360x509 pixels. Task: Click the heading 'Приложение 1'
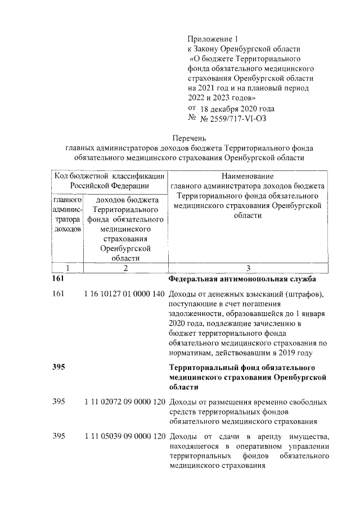212,38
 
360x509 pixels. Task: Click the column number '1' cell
67,268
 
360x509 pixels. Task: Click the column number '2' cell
125,268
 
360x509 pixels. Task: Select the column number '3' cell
247,268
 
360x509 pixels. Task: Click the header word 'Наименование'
247,176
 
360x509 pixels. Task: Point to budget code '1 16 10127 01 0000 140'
124,294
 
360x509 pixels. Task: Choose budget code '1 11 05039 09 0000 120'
124,436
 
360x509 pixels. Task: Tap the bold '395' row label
58,367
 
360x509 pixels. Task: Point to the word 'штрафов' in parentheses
304,294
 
